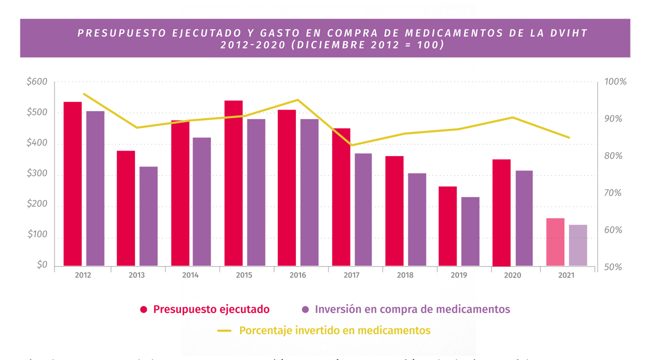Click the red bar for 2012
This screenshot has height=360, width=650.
(72, 184)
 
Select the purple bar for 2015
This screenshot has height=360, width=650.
(256, 192)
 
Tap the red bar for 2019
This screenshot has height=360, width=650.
(447, 226)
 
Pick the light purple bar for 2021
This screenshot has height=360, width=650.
(578, 245)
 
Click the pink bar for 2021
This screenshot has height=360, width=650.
(555, 242)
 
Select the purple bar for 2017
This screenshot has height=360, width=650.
(363, 209)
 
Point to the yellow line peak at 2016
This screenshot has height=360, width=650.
(298, 100)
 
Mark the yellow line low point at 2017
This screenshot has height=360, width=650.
(351, 145)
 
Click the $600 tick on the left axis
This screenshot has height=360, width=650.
(37, 82)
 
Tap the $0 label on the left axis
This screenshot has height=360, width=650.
(42, 265)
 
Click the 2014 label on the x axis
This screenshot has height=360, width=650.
(190, 275)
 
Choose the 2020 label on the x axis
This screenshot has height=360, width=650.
(512, 275)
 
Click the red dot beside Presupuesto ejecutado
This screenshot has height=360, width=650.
(144, 309)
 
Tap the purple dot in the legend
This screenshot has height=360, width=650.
(306, 309)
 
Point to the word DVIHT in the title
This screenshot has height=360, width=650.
(566, 33)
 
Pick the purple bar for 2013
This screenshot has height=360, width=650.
(148, 216)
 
